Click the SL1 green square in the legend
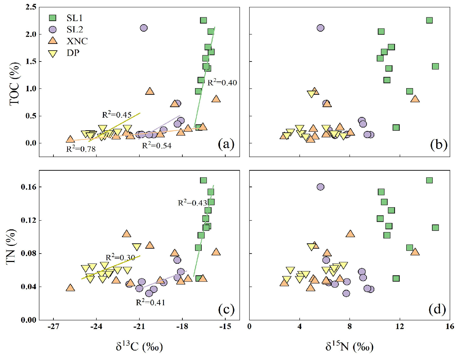point(53,18)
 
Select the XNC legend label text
point(77,41)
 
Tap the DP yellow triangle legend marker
point(53,53)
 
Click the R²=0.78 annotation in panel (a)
point(81,149)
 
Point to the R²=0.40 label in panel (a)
point(222,83)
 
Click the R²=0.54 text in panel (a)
point(156,146)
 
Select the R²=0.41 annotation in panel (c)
point(150,302)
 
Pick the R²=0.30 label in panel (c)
point(120,257)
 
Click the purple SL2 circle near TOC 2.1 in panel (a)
point(143,28)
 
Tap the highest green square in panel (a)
point(203,20)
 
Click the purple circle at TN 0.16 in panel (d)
point(320,187)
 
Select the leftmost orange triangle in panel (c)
point(70,288)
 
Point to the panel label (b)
point(439,144)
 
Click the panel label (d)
point(437,309)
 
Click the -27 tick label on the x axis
point(53,326)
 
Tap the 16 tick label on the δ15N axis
point(449,326)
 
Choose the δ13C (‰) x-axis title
point(139,347)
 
